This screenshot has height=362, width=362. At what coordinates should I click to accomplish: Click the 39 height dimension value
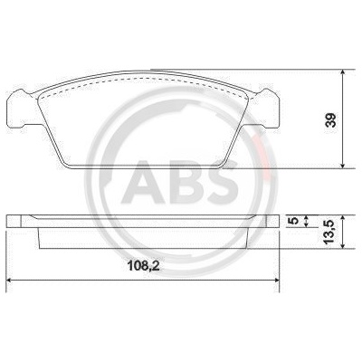coord(331,120)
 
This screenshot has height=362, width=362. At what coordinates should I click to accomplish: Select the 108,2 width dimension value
coord(143,266)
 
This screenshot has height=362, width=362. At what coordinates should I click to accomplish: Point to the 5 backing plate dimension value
coord(293,221)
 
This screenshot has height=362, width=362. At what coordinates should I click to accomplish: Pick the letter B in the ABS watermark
coord(186,182)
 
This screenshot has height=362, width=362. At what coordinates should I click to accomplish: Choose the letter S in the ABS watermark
coord(222,182)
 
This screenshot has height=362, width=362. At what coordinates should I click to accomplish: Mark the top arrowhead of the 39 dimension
coord(342,72)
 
